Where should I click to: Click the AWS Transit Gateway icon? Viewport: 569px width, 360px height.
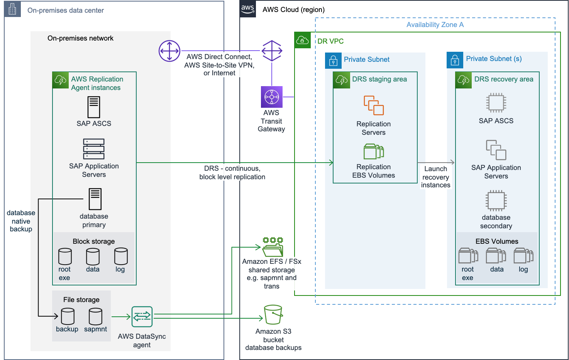[x=272, y=97]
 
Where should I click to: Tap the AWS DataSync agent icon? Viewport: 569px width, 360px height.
[x=142, y=317]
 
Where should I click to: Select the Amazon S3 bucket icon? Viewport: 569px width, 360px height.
[x=273, y=314]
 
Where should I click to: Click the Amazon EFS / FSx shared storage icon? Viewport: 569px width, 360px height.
[x=273, y=247]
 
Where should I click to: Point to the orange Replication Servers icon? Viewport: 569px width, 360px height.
[x=374, y=105]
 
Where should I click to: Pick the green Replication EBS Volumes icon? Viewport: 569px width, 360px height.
[x=374, y=151]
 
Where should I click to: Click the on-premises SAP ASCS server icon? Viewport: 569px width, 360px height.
[x=94, y=107]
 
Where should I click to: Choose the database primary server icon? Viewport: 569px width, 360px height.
[x=95, y=199]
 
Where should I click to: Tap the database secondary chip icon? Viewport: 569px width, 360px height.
[x=496, y=200]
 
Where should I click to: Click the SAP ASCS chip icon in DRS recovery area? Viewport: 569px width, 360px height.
[x=496, y=103]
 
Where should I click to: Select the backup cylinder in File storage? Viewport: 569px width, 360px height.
[x=68, y=316]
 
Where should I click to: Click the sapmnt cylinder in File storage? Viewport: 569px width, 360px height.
[x=95, y=316]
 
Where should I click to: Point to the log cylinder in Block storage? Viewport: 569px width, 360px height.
[x=121, y=256]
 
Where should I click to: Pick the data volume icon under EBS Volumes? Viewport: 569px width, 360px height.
[x=496, y=256]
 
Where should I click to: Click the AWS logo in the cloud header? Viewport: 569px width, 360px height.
[x=247, y=9]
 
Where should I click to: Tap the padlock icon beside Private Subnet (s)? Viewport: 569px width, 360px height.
[x=455, y=60]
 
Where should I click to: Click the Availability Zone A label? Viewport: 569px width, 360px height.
[x=435, y=25]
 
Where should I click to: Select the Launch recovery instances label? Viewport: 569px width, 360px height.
[x=435, y=177]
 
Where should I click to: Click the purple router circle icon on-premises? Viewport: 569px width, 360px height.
[x=169, y=51]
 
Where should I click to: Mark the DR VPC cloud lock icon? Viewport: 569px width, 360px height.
[x=302, y=40]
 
